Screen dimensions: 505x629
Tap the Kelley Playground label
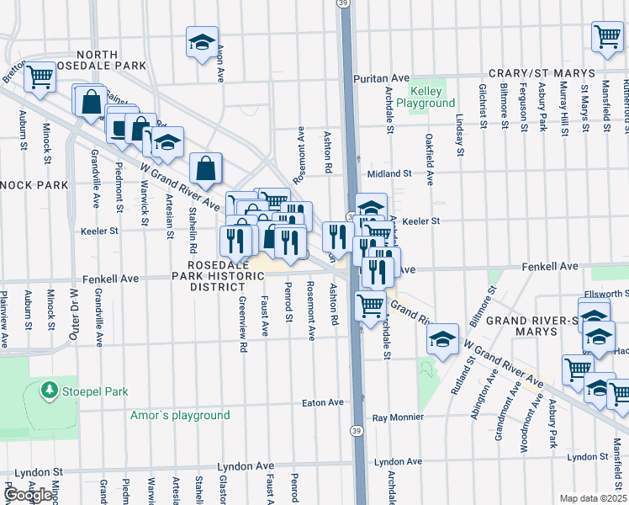[x=431, y=97]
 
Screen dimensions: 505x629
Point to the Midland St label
[x=388, y=173]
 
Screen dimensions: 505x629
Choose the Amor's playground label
[x=180, y=415]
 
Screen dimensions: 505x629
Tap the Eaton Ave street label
[x=323, y=403]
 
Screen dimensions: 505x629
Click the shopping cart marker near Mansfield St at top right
[x=606, y=36]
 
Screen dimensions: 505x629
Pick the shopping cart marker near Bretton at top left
[x=39, y=77]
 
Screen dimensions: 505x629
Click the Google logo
[x=28, y=495]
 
